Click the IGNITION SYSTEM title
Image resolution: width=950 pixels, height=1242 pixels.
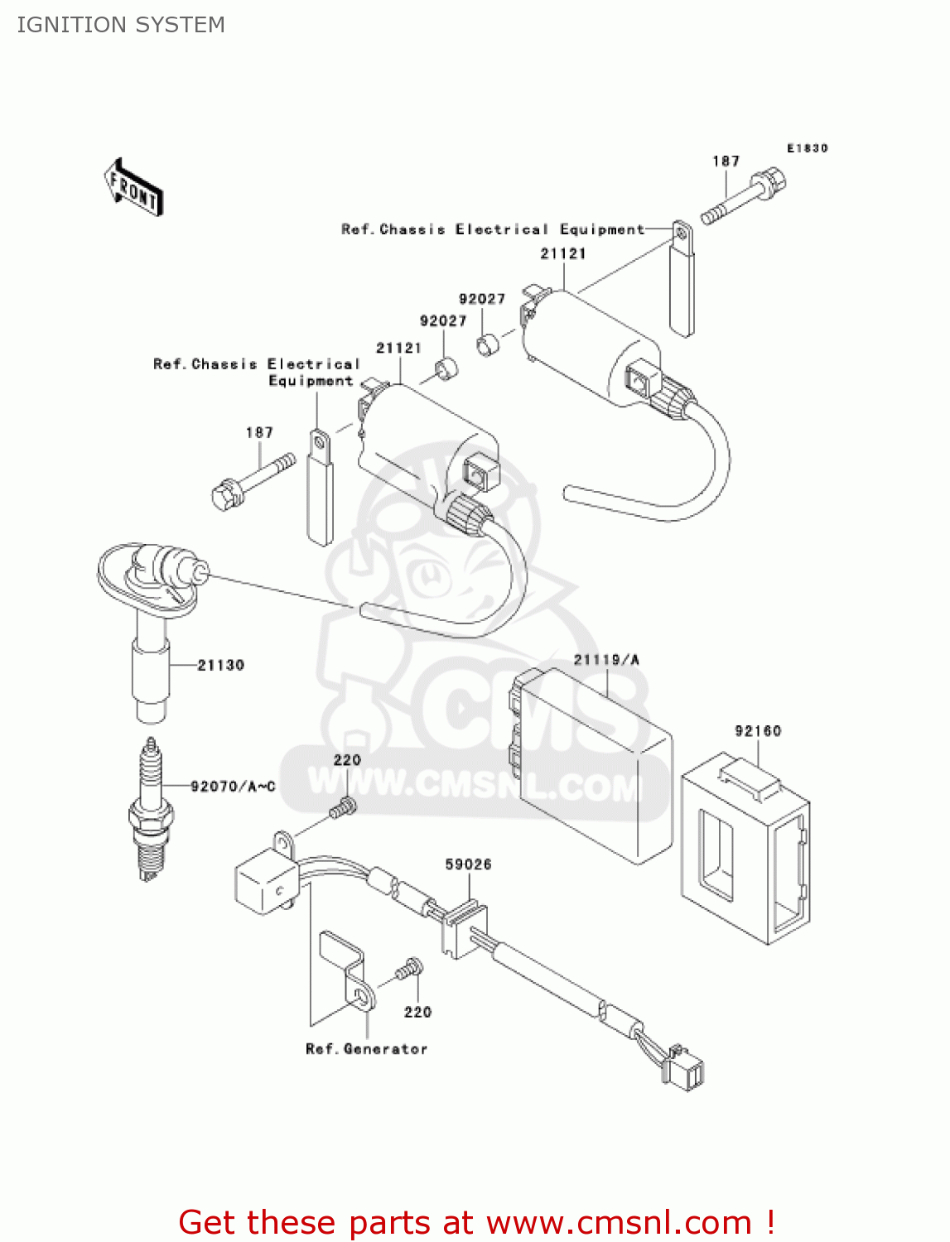121,25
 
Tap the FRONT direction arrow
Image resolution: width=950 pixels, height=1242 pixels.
133,187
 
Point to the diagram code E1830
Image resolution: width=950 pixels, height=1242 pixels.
807,148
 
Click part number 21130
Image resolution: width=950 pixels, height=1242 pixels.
220,665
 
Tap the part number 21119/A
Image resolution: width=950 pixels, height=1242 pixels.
606,660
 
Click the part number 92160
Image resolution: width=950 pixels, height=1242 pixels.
757,730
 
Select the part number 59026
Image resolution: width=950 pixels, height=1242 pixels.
468,864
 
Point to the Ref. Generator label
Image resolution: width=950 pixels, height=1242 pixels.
366,1049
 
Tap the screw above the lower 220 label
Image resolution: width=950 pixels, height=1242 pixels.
409,968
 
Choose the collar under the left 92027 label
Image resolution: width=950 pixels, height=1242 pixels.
447,368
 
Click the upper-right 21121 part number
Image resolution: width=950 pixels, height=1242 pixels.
563,253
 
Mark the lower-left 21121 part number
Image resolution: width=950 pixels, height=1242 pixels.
398,348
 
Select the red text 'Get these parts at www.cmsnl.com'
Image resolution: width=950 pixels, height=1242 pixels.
476,1222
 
